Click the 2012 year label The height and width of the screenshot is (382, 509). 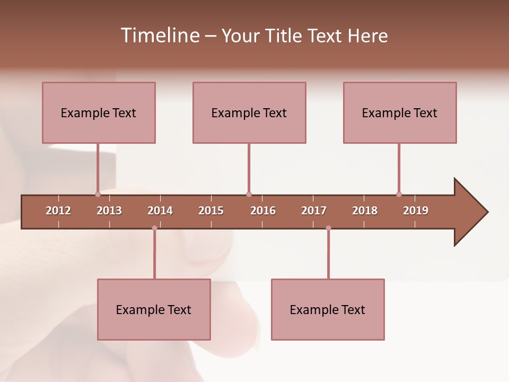(58, 211)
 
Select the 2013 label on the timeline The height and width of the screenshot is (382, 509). (109, 211)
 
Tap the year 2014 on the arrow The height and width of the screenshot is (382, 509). (160, 211)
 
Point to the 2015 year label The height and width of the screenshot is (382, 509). (211, 211)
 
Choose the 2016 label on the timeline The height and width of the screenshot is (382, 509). (263, 211)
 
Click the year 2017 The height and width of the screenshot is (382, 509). (314, 211)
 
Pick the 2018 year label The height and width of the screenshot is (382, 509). (365, 211)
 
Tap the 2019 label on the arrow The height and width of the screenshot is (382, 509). (416, 211)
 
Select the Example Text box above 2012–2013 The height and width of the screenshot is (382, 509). (99, 112)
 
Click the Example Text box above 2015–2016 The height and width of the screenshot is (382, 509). (249, 112)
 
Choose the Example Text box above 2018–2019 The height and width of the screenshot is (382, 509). (400, 112)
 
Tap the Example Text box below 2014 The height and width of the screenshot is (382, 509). (154, 309)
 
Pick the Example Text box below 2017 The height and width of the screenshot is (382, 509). (328, 309)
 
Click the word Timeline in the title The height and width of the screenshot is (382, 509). (159, 36)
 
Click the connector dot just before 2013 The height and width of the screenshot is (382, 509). (98, 194)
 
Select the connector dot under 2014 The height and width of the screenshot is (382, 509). (154, 228)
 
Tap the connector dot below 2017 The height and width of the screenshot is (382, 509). (328, 228)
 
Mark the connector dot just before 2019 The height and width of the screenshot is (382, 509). (399, 194)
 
